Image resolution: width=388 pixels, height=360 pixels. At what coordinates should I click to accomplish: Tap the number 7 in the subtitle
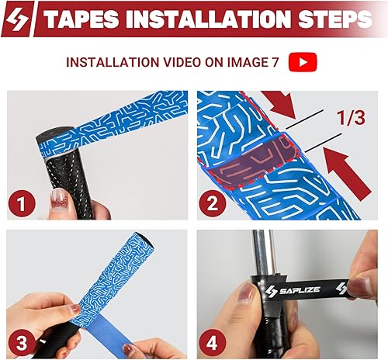(x=275, y=62)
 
